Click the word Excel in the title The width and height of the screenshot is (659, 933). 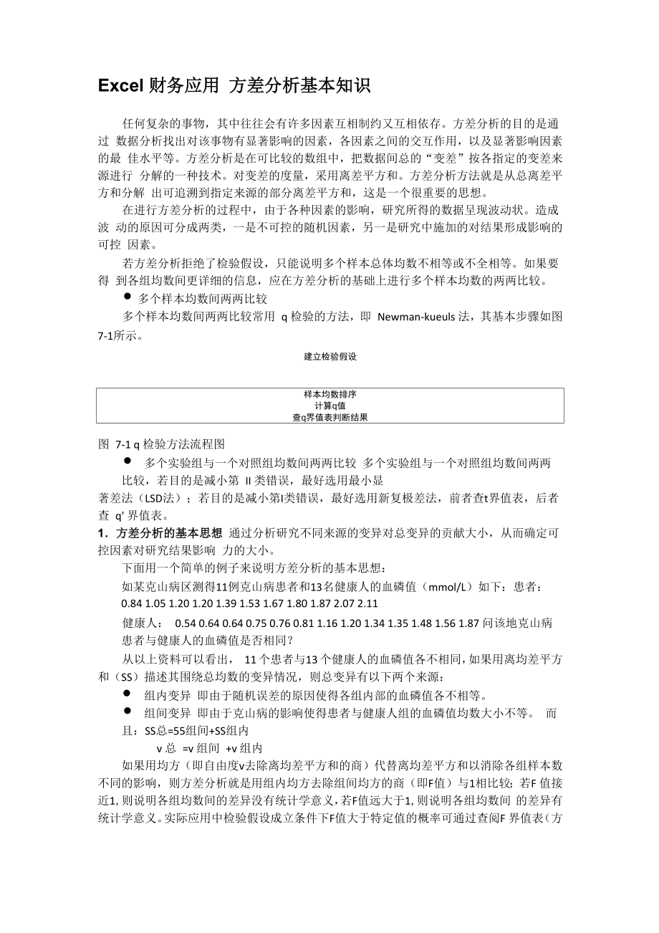(x=122, y=86)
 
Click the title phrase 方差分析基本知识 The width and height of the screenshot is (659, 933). (x=299, y=86)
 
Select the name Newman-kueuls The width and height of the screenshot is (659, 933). (x=416, y=317)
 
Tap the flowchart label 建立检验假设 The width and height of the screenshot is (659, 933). (x=330, y=356)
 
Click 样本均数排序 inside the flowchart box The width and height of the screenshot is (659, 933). (x=330, y=395)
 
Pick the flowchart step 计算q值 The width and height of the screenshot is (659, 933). (x=330, y=406)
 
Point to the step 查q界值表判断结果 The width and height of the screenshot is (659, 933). (x=330, y=417)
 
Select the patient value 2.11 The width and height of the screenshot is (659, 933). (x=367, y=603)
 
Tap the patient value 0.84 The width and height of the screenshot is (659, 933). (x=133, y=603)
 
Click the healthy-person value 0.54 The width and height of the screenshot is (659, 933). (x=186, y=623)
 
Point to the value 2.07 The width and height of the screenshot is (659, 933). (x=343, y=603)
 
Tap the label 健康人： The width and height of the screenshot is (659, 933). (x=143, y=623)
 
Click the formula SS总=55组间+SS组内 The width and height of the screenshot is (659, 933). (x=196, y=731)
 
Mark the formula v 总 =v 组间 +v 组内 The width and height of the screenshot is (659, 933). (x=209, y=748)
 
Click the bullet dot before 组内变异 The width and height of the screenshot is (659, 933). (x=127, y=694)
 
